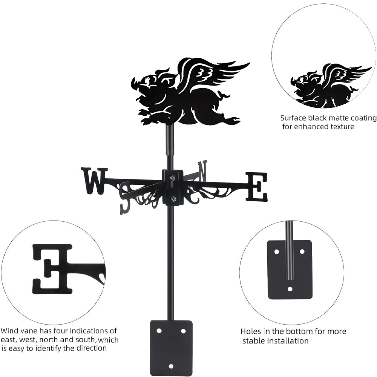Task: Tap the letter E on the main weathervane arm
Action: (257, 187)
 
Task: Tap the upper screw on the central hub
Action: (172, 178)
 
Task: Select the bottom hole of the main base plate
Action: (171, 366)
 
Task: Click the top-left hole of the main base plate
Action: (159, 331)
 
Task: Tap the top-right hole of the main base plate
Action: (183, 331)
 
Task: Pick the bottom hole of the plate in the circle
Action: (290, 289)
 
